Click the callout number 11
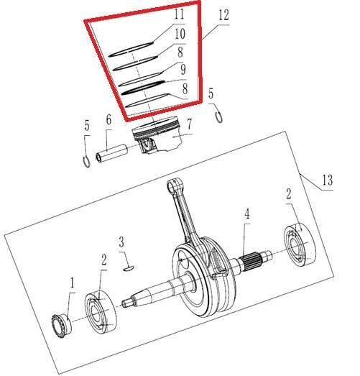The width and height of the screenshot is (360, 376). pyautogui.click(x=179, y=14)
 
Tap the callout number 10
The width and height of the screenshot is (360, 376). pyautogui.click(x=179, y=34)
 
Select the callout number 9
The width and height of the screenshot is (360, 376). pyautogui.click(x=183, y=70)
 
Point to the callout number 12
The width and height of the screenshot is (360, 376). pyautogui.click(x=223, y=14)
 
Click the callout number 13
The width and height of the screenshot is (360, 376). pyautogui.click(x=327, y=181)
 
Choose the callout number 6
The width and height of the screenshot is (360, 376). pyautogui.click(x=109, y=120)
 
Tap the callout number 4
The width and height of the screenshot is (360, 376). pyautogui.click(x=246, y=214)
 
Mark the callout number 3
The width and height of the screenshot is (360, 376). pyautogui.click(x=122, y=241)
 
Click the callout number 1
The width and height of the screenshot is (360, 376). pyautogui.click(x=72, y=285)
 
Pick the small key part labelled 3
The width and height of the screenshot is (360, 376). pyautogui.click(x=128, y=267)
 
